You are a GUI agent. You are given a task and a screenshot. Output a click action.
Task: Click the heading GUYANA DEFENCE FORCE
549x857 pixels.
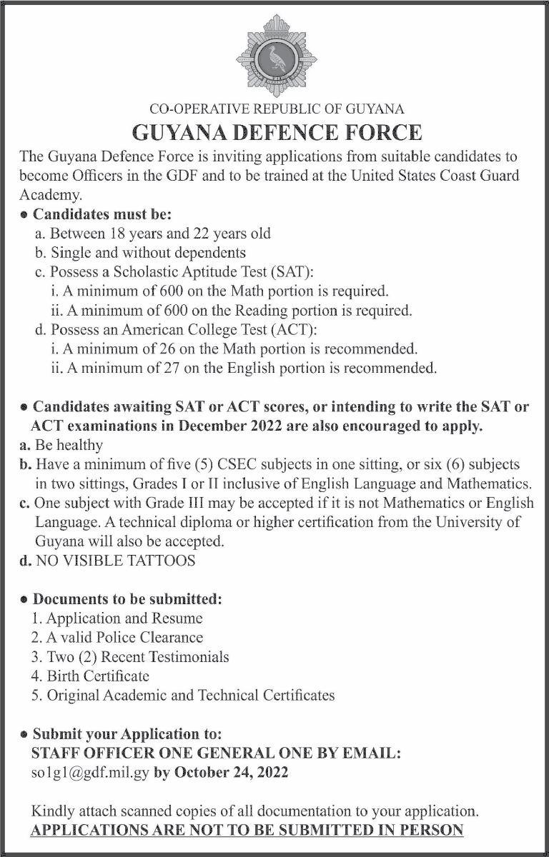click(x=277, y=133)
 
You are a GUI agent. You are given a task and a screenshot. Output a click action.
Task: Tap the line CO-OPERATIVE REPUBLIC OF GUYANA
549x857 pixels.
click(x=277, y=109)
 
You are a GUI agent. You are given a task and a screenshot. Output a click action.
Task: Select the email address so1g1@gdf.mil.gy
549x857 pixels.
click(x=90, y=773)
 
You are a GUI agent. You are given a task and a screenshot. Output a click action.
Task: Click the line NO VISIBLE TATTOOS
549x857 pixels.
click(x=114, y=561)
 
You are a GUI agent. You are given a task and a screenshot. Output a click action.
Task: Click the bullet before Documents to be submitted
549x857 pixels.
click(x=25, y=598)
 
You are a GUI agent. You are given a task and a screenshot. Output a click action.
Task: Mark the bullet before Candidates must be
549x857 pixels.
click(x=25, y=214)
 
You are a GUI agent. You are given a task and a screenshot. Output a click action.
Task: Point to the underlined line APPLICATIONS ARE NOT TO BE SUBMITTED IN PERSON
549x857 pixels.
click(x=247, y=830)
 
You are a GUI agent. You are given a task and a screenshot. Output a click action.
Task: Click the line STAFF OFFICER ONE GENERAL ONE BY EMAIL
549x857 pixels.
click(x=216, y=753)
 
